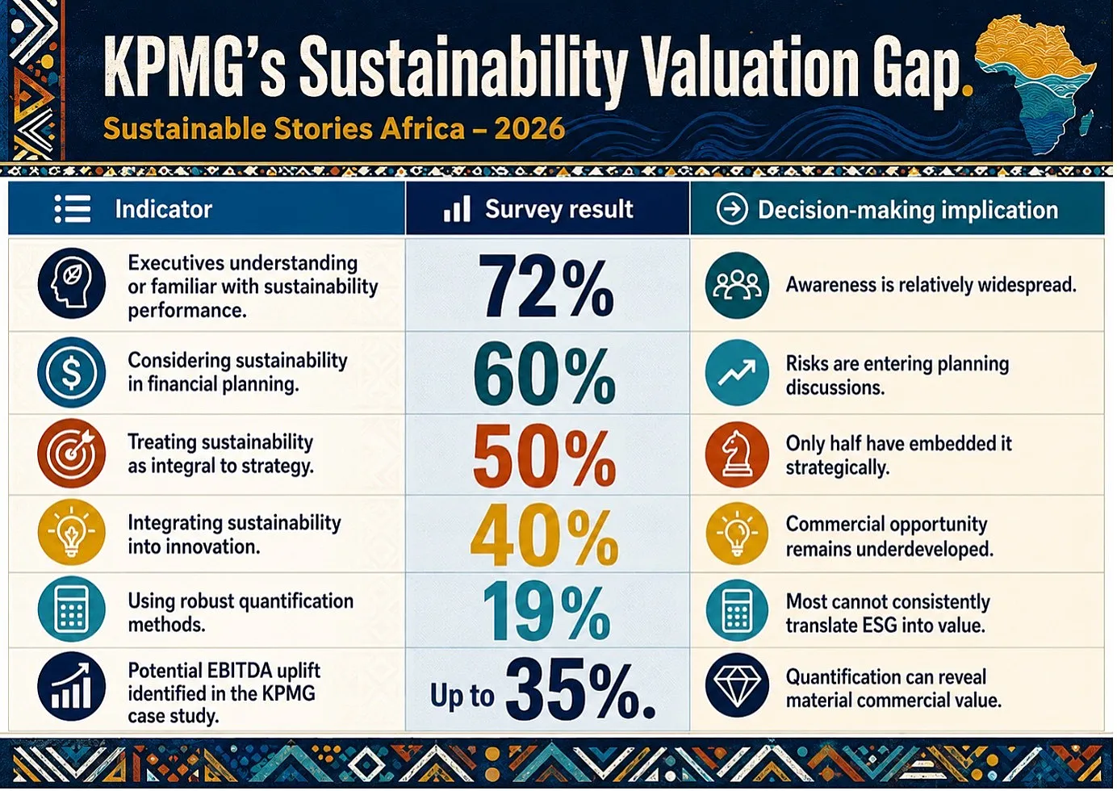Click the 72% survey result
(x=546, y=286)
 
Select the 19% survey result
(x=546, y=611)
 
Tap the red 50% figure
(x=544, y=455)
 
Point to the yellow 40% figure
(x=544, y=535)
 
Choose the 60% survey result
(x=544, y=374)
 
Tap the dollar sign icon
(x=72, y=372)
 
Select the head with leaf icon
(x=72, y=283)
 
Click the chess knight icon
(x=737, y=454)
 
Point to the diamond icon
(x=737, y=685)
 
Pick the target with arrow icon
(x=72, y=453)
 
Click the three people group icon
(x=737, y=285)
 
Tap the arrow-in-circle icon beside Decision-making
(x=731, y=210)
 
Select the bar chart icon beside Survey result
(x=457, y=209)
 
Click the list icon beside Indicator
(x=73, y=209)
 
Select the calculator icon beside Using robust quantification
(x=72, y=609)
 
